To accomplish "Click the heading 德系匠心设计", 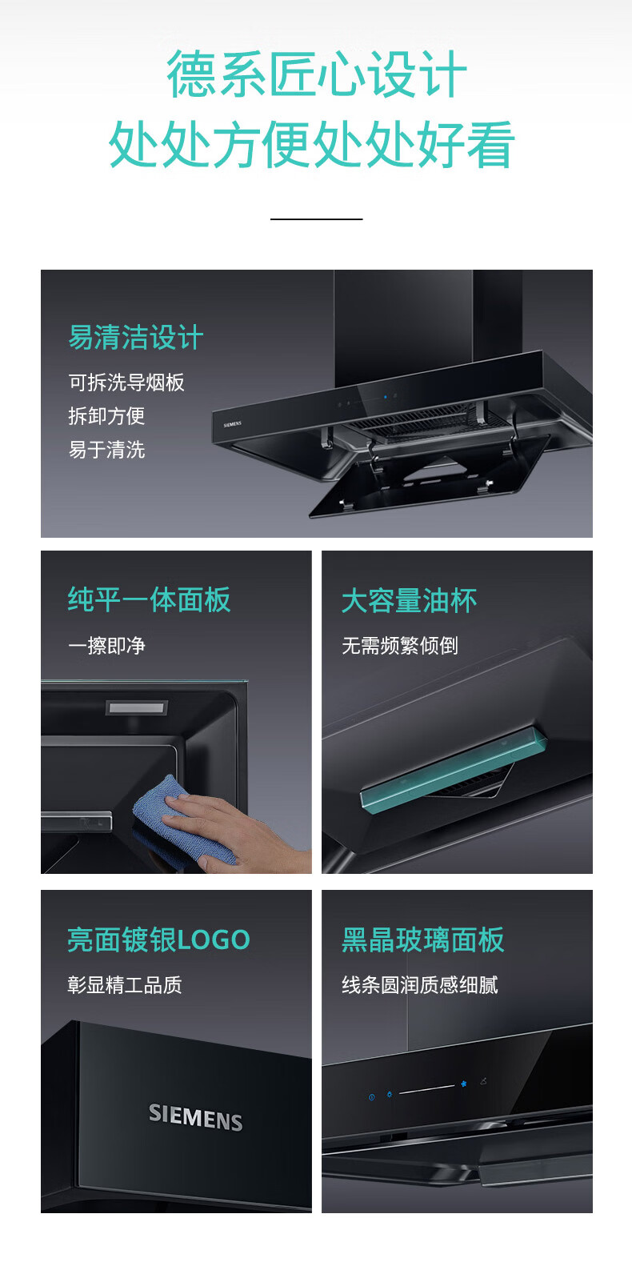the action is click(317, 74).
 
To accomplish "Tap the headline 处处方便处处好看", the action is click(312, 144).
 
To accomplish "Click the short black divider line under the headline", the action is click(317, 218).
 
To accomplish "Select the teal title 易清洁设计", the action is click(136, 337).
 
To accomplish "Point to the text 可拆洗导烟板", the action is click(126, 383).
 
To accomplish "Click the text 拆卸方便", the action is click(106, 416).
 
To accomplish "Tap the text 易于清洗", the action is click(106, 450).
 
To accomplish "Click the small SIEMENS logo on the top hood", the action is click(232, 424).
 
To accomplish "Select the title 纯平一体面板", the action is click(150, 599).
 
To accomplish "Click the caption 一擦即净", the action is click(106, 646).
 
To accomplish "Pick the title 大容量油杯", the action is click(410, 601).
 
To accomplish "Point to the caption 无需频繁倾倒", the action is click(400, 646).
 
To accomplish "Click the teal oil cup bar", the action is click(454, 766).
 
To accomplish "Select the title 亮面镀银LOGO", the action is click(158, 939).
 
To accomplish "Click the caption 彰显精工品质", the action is click(125, 985).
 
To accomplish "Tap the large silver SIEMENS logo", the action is click(196, 1116).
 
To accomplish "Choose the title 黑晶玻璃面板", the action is click(423, 939).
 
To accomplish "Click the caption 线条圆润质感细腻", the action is click(420, 985).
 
